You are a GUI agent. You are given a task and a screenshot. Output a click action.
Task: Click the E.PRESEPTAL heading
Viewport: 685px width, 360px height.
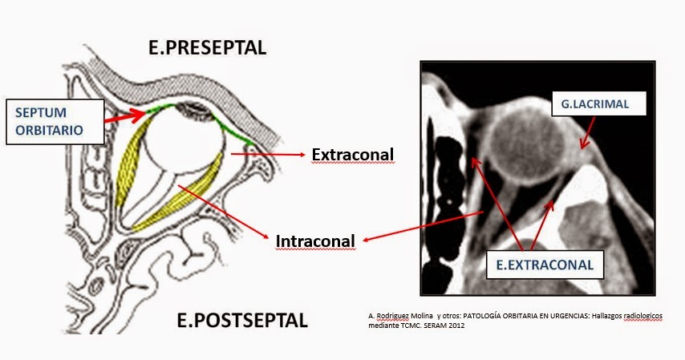pyautogui.click(x=207, y=48)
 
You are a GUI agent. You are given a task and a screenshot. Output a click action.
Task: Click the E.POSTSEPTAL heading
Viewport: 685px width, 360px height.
pyautogui.click(x=241, y=322)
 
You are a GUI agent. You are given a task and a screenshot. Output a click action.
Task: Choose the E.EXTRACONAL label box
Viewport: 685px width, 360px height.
pyautogui.click(x=545, y=263)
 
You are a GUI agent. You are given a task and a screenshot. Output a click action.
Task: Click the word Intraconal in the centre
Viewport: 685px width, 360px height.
pyautogui.click(x=315, y=241)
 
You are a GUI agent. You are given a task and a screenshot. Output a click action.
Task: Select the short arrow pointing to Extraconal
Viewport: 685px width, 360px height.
pyautogui.click(x=268, y=152)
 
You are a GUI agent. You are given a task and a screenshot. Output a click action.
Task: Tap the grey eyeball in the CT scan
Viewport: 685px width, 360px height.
pyautogui.click(x=532, y=144)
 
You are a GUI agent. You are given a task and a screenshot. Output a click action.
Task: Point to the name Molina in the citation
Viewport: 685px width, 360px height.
pyautogui.click(x=416, y=317)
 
